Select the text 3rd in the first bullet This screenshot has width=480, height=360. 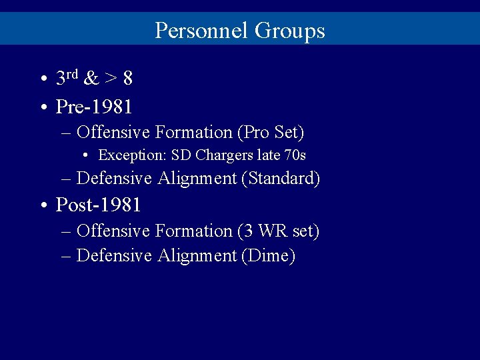[67, 78]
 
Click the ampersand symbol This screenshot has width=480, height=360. [92, 79]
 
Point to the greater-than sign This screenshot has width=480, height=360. [111, 79]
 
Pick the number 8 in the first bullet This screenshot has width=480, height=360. [127, 79]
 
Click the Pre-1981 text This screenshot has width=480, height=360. [94, 106]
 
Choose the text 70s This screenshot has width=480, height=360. [293, 156]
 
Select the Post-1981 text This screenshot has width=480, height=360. [98, 204]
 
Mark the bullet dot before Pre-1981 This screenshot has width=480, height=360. [43, 107]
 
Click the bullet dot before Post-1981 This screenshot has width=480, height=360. [43, 205]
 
